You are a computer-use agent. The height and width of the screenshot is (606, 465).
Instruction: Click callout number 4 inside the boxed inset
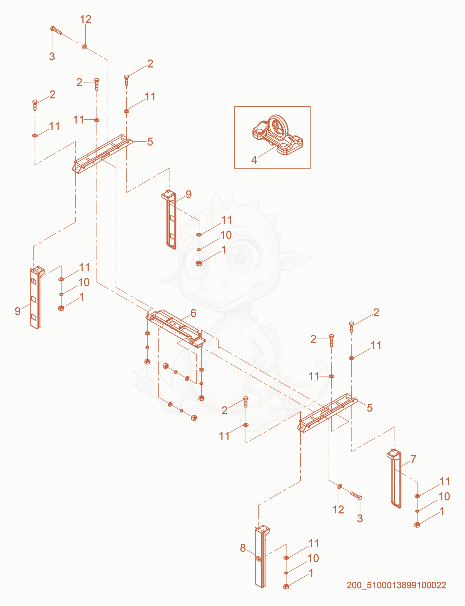click(254, 160)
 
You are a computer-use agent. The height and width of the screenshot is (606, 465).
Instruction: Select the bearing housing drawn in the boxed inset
click(278, 135)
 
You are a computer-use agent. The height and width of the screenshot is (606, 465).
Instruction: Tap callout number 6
click(193, 313)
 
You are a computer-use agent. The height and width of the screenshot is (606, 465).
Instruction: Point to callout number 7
click(413, 459)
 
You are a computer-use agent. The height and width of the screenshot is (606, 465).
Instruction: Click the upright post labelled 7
click(394, 479)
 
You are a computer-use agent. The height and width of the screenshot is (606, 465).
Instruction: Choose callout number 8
click(243, 548)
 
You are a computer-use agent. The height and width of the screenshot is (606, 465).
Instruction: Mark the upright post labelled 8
click(262, 556)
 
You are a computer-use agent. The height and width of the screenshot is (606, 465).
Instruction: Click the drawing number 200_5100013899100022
click(396, 585)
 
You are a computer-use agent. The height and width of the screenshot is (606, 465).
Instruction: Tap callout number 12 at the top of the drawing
click(86, 19)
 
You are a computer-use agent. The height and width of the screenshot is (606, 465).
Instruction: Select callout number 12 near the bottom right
click(338, 509)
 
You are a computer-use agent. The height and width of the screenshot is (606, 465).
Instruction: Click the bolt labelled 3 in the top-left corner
click(57, 31)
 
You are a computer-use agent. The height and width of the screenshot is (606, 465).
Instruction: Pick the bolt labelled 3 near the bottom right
click(356, 496)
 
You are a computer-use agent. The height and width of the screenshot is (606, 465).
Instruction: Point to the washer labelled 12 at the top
click(84, 46)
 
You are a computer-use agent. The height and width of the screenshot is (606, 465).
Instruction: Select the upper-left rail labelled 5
click(102, 153)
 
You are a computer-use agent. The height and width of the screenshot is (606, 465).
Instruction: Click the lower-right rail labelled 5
click(328, 413)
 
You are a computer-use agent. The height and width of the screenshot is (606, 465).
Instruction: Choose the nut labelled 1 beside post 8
click(286, 587)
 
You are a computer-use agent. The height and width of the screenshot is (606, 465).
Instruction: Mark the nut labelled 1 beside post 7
click(417, 525)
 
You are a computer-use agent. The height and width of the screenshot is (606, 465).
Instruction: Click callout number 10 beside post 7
click(444, 497)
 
